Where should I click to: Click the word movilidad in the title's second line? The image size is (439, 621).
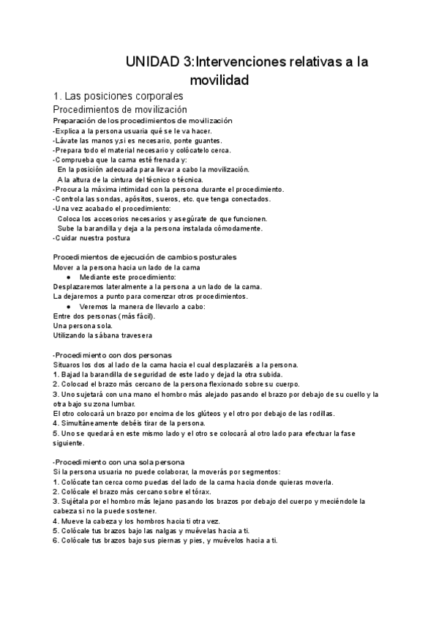point(219,79)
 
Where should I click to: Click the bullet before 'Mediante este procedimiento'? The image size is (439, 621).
point(68,278)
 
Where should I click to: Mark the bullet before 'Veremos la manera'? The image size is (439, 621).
point(68,306)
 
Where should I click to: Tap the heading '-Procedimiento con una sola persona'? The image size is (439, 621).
point(119,462)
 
